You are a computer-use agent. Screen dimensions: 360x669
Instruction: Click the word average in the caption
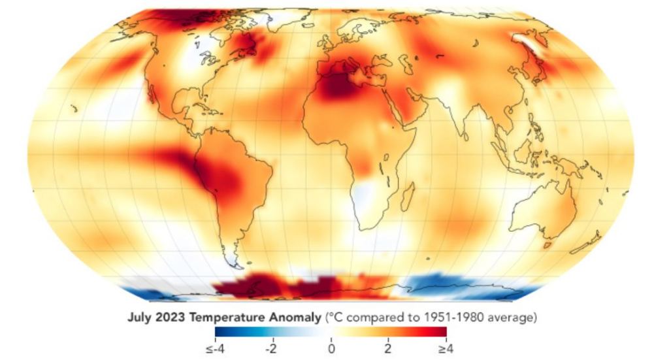click(515, 318)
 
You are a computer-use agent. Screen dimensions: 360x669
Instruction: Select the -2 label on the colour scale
click(271, 349)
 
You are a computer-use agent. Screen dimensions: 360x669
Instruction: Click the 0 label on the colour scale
click(331, 349)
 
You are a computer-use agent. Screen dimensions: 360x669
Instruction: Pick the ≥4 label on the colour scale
click(446, 349)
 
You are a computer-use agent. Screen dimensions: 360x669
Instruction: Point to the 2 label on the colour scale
click(387, 349)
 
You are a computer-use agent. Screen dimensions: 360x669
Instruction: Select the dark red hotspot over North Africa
click(341, 85)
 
